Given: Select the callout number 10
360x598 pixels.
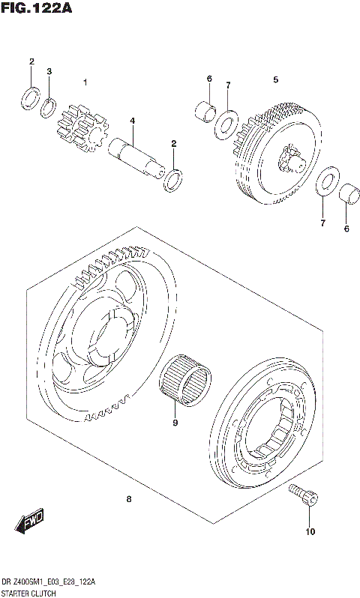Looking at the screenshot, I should (310, 534).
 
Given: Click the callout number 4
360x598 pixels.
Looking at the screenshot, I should (132, 121).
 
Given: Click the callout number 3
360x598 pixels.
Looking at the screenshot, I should (49, 72).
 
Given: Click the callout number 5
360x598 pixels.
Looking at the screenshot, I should (275, 79).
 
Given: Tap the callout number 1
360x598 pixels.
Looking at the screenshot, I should (86, 82).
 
